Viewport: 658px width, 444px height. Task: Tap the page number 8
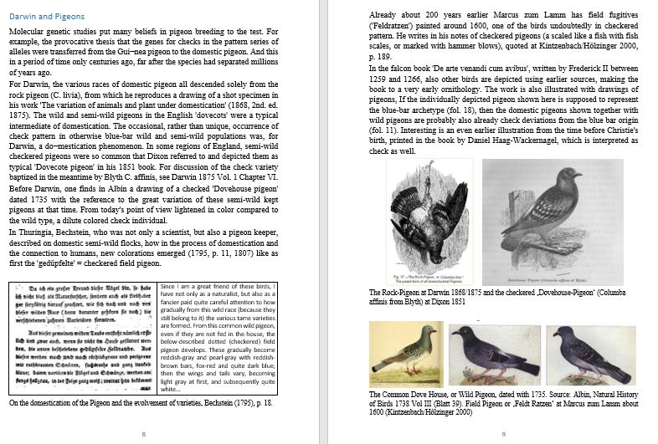pyautogui.click(x=144, y=433)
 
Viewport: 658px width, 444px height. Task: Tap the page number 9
pyautogui.click(x=501, y=433)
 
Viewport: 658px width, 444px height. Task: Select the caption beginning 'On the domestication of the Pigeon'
pyautogui.click(x=140, y=402)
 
